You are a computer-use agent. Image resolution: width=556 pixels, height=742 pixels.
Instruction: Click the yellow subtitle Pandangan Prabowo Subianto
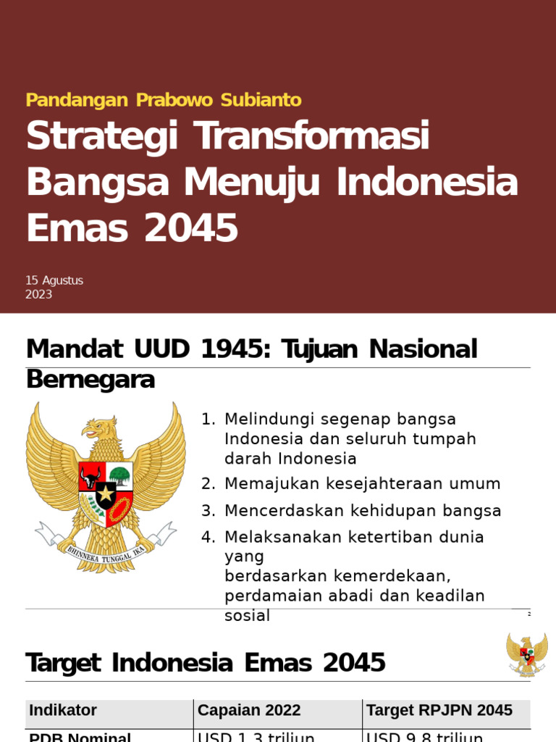(164, 100)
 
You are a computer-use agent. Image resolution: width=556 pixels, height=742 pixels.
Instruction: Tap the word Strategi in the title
(101, 138)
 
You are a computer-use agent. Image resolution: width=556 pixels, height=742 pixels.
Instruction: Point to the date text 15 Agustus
(54, 280)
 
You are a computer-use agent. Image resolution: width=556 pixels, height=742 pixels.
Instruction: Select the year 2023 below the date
(39, 295)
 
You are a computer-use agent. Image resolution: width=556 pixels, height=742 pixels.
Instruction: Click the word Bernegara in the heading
(90, 380)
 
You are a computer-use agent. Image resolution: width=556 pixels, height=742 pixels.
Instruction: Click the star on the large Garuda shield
(106, 495)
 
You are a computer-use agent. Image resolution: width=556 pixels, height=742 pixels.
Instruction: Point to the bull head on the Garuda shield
(90, 477)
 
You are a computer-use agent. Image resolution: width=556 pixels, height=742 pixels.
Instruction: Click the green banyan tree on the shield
(119, 475)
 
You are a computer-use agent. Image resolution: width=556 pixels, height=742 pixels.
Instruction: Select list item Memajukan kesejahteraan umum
(362, 484)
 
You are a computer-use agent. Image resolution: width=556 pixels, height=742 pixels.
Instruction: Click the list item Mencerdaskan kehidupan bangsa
(363, 511)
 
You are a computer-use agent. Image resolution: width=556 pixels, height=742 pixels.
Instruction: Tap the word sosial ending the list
(247, 616)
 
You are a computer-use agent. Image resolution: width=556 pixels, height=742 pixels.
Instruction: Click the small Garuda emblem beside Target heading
(527, 654)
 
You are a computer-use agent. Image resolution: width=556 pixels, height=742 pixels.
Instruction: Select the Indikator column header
(63, 711)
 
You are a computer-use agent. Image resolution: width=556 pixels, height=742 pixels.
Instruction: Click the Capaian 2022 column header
(249, 711)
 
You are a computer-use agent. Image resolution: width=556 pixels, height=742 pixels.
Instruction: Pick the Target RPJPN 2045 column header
(439, 711)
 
